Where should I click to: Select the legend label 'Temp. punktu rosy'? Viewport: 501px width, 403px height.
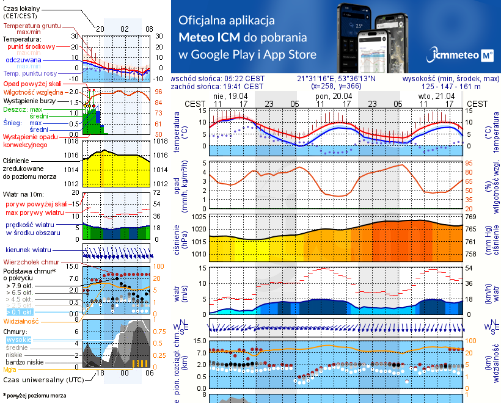(x=31, y=73)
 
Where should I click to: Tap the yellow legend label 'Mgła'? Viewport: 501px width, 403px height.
(x=9, y=369)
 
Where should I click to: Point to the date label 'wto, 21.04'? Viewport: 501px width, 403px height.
(x=437, y=96)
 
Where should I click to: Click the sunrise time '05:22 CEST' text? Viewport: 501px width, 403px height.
(x=244, y=79)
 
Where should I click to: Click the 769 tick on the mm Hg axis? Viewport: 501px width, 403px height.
(x=470, y=217)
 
